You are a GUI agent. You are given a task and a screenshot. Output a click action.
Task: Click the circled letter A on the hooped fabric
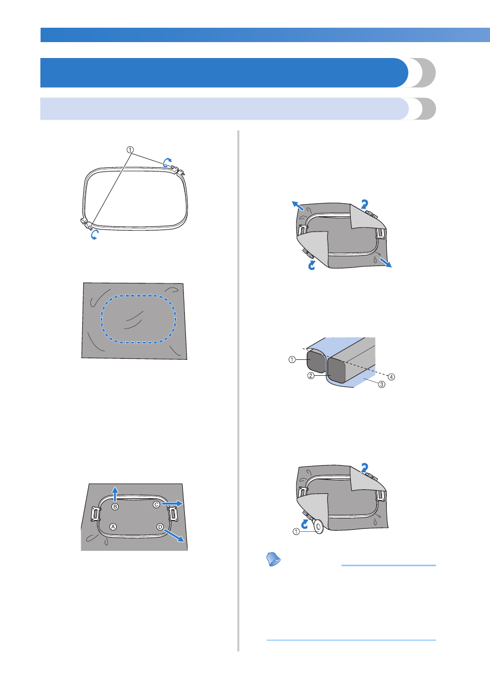(113, 526)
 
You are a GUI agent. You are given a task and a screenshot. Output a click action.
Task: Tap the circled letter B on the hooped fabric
(115, 506)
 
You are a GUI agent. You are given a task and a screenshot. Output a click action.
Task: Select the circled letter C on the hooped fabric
(157, 504)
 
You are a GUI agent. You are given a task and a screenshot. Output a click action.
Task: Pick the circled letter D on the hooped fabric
(160, 526)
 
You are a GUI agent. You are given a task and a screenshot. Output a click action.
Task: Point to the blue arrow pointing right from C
(172, 504)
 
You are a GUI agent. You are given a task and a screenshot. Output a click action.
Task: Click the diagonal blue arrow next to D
(175, 535)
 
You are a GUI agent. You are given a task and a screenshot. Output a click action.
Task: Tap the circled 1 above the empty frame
(130, 150)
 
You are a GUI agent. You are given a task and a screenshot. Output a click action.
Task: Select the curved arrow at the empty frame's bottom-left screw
(95, 235)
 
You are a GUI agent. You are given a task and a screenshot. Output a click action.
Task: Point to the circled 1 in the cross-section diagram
(292, 359)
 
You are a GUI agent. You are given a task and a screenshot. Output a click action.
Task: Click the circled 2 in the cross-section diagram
(311, 376)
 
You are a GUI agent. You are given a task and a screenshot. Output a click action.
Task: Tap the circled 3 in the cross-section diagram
(382, 385)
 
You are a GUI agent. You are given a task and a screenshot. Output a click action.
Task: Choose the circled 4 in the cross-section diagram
(391, 377)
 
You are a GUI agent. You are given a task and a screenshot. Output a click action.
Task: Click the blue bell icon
(273, 559)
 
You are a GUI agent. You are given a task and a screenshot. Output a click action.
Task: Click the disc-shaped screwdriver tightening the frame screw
(318, 526)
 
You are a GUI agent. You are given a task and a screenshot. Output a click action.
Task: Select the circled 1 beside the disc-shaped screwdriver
(296, 532)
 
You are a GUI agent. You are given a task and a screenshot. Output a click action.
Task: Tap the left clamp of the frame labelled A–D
(96, 514)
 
